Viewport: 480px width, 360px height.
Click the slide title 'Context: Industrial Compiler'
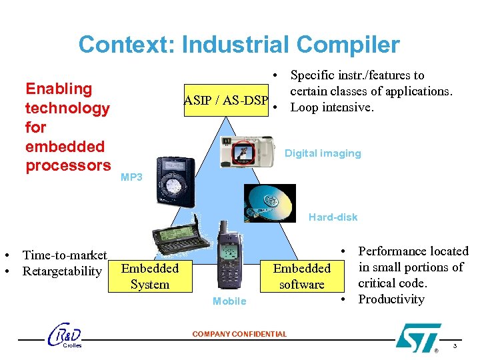(x=239, y=45)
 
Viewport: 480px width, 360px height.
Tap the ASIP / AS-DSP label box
(x=226, y=101)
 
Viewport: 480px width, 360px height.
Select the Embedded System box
(x=149, y=276)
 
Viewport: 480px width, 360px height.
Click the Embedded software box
(x=301, y=276)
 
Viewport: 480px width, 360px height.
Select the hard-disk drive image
(x=270, y=203)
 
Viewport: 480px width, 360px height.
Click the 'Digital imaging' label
(x=323, y=153)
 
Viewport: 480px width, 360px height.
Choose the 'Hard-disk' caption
(x=333, y=217)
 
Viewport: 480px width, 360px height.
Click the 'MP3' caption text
(x=131, y=177)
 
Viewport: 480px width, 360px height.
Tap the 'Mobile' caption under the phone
(x=229, y=301)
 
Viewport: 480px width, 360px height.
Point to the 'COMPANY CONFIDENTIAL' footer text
(x=239, y=334)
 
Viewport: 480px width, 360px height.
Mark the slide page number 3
(x=455, y=345)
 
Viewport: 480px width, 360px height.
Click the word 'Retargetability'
(x=62, y=271)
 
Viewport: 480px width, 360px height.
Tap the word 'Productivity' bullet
(x=391, y=299)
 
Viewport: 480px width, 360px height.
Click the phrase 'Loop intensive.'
(x=333, y=107)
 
